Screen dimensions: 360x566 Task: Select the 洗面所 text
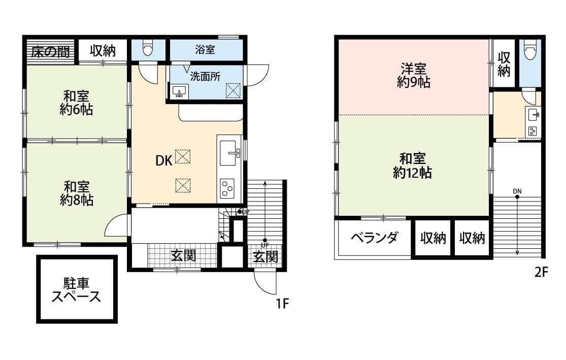point(205,77)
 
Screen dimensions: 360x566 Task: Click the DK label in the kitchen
point(163,161)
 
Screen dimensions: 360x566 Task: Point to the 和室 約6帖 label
point(76,102)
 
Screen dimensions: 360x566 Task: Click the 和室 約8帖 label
point(76,193)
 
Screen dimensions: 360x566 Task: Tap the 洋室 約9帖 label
point(413,75)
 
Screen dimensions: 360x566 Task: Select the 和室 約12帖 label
point(412,166)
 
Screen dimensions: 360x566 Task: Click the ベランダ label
point(374,238)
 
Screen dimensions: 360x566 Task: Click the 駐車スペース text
point(76,290)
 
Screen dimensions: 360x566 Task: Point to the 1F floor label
point(282,304)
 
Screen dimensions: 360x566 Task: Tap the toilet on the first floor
point(148,49)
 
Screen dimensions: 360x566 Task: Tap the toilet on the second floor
point(530,51)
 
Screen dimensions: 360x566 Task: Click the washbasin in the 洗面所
point(178,91)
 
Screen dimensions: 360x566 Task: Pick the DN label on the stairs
point(517,191)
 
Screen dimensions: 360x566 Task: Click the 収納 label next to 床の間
point(103,51)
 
